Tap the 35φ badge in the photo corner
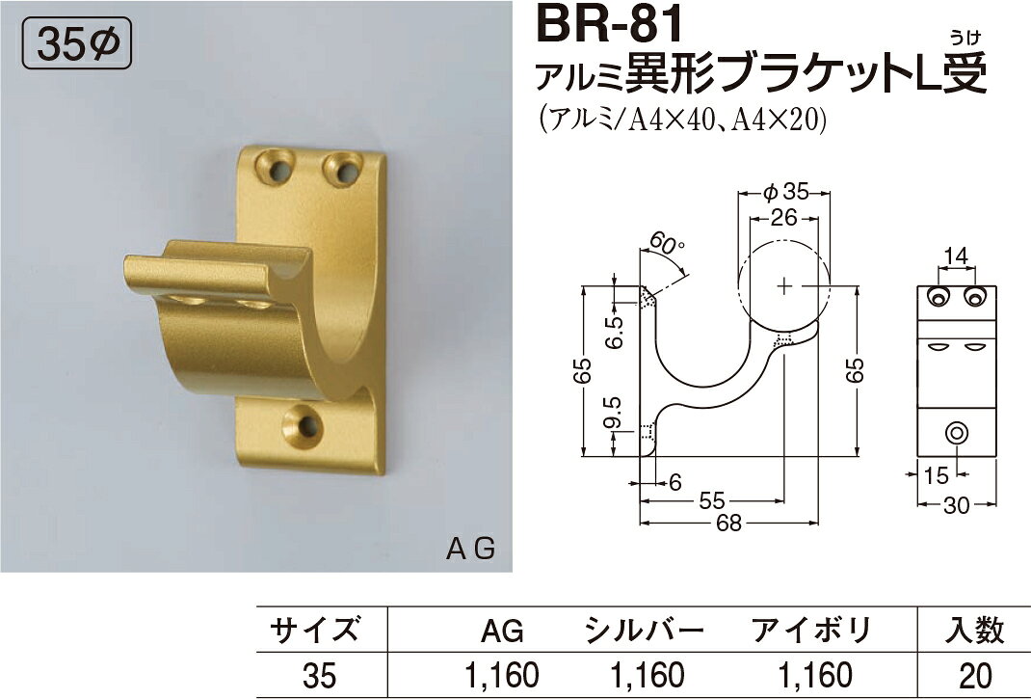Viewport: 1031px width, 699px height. point(77,44)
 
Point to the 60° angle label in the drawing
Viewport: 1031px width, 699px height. point(665,246)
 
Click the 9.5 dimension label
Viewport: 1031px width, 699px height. point(612,412)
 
